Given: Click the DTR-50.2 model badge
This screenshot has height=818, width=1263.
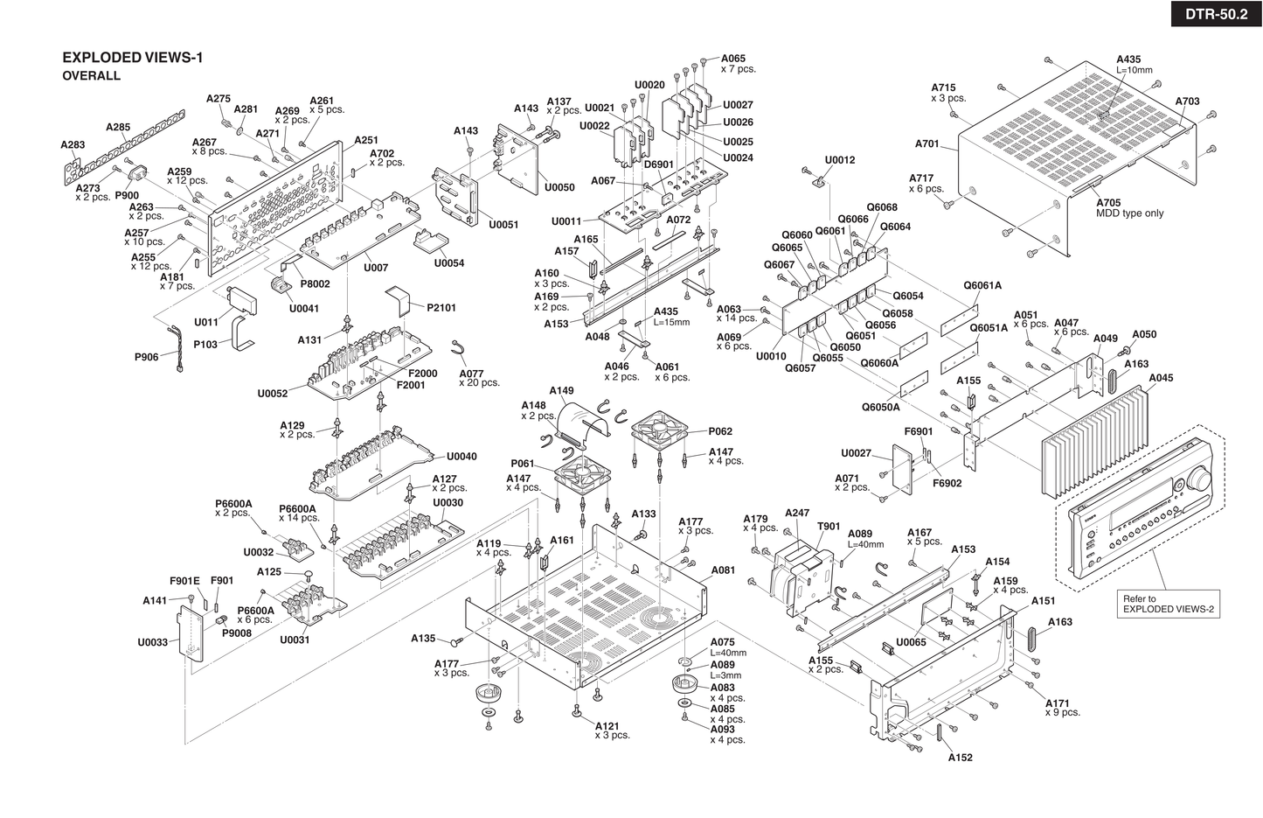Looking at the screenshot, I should (1216, 14).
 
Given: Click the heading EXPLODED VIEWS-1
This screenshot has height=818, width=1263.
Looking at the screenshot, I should (132, 58).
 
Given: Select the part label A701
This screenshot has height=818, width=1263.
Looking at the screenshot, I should (926, 143).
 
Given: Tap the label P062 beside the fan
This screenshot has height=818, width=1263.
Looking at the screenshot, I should (720, 431).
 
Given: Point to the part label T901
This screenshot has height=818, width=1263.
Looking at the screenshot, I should (829, 527).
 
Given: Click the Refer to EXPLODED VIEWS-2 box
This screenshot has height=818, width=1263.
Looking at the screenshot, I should (1169, 604).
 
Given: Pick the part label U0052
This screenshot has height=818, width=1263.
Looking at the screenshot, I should (272, 394).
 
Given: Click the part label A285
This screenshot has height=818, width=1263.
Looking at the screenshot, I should (118, 127).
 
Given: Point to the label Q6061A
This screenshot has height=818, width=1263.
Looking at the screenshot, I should (982, 285).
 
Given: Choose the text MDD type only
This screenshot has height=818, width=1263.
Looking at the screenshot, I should (1130, 213).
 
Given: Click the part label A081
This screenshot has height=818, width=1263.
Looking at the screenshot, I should (723, 570).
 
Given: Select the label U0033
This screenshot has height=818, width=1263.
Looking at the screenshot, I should (152, 642).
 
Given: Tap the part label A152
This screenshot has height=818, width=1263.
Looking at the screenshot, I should (960, 758).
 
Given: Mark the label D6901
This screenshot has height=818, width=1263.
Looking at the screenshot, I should (659, 164).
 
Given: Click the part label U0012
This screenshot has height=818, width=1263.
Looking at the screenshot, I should (840, 160).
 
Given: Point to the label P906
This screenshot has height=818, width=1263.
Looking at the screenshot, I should (146, 357).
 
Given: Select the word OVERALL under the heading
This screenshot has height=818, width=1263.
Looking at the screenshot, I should (91, 76).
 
